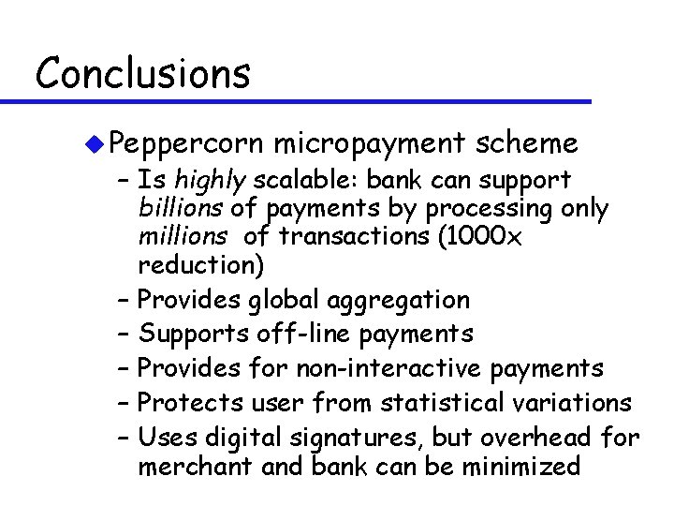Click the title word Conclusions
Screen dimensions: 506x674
142,72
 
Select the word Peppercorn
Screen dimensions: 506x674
185,144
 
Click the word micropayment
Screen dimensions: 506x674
370,143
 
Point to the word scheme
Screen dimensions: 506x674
526,143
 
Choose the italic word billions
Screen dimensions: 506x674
181,208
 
